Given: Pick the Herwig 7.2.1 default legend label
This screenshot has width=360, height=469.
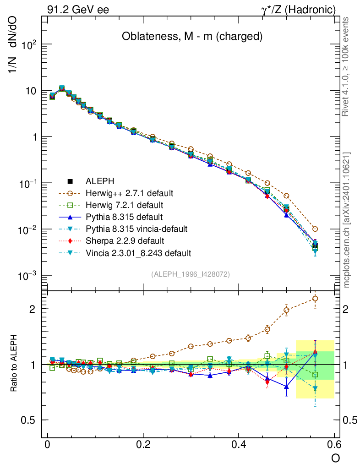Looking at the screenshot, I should tap(125, 204).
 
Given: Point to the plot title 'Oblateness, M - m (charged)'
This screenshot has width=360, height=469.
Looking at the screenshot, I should tap(192, 37).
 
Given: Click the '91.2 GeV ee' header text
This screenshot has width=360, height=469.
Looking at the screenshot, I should tap(78, 10).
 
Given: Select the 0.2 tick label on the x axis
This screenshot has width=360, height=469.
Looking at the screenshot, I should tap(143, 445).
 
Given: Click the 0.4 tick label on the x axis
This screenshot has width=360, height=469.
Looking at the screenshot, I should tap(238, 445).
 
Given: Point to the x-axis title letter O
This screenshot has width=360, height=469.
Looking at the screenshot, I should tap(336, 458).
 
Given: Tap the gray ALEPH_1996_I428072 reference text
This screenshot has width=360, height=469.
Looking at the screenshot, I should tap(191, 274).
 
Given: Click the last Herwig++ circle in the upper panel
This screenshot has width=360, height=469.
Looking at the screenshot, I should tap(315, 229).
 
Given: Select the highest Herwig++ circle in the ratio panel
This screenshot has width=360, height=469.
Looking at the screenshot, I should tap(315, 299).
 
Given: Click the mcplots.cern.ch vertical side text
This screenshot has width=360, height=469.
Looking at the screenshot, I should tap(347, 220).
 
